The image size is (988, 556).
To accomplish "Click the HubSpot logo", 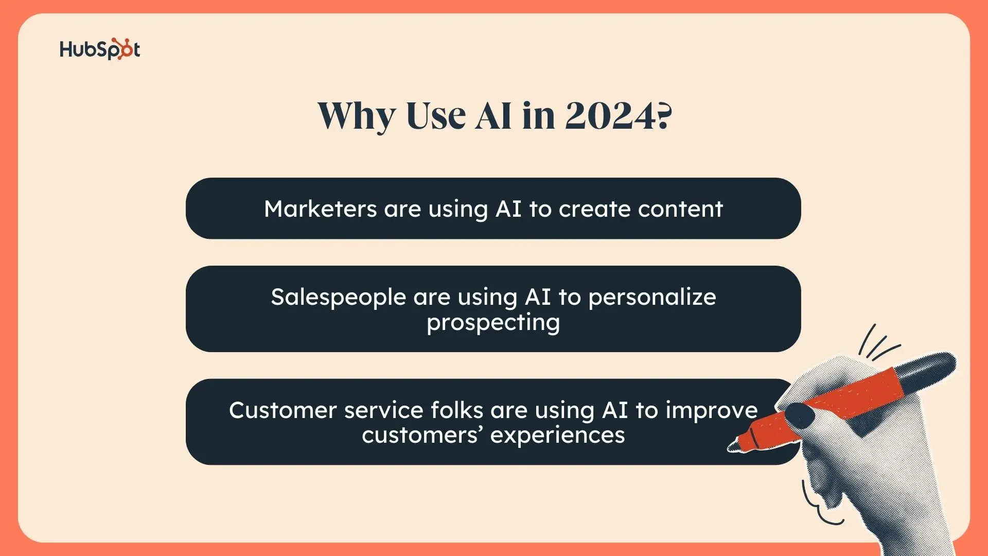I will tap(100, 49).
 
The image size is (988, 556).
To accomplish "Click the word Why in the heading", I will tap(357, 116).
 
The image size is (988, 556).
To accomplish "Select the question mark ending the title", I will tap(664, 115).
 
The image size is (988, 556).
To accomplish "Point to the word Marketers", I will tap(321, 209).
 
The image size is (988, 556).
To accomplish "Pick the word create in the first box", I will tap(594, 209).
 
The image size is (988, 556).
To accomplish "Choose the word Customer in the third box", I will tap(283, 410).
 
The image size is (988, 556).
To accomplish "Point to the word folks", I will tap(456, 410).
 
